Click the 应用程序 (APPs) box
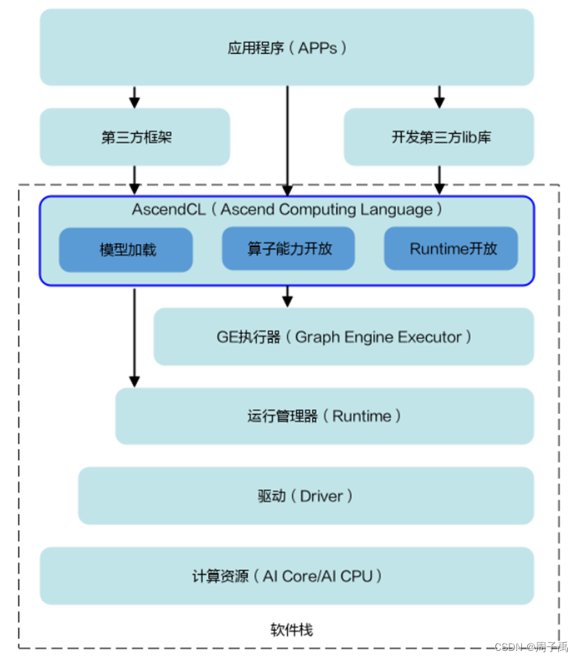pyautogui.click(x=287, y=48)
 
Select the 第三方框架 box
pyautogui.click(x=135, y=137)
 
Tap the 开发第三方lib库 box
pyautogui.click(x=438, y=137)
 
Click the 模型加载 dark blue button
pyautogui.click(x=126, y=250)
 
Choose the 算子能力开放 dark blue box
pyautogui.click(x=288, y=249)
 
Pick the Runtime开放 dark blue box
pyautogui.click(x=450, y=249)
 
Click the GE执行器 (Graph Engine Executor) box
pyautogui.click(x=344, y=337)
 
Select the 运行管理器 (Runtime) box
pyautogui.click(x=324, y=416)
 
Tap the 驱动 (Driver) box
pyautogui.click(x=306, y=496)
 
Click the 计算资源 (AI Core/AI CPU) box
pyautogui.click(x=287, y=576)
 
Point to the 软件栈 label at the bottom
pyautogui.click(x=292, y=630)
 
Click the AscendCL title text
pyautogui.click(x=287, y=210)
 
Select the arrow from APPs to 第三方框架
pyautogui.click(x=135, y=97)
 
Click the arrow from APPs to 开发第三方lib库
pyautogui.click(x=439, y=97)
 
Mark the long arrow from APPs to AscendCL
pyautogui.click(x=287, y=141)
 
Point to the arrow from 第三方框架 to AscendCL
pyautogui.click(x=135, y=180)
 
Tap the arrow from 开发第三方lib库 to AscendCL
pyautogui.click(x=439, y=180)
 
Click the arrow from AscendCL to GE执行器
pyautogui.click(x=287, y=296)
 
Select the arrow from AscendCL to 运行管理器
pyautogui.click(x=135, y=337)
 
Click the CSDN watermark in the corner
pyautogui.click(x=531, y=646)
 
